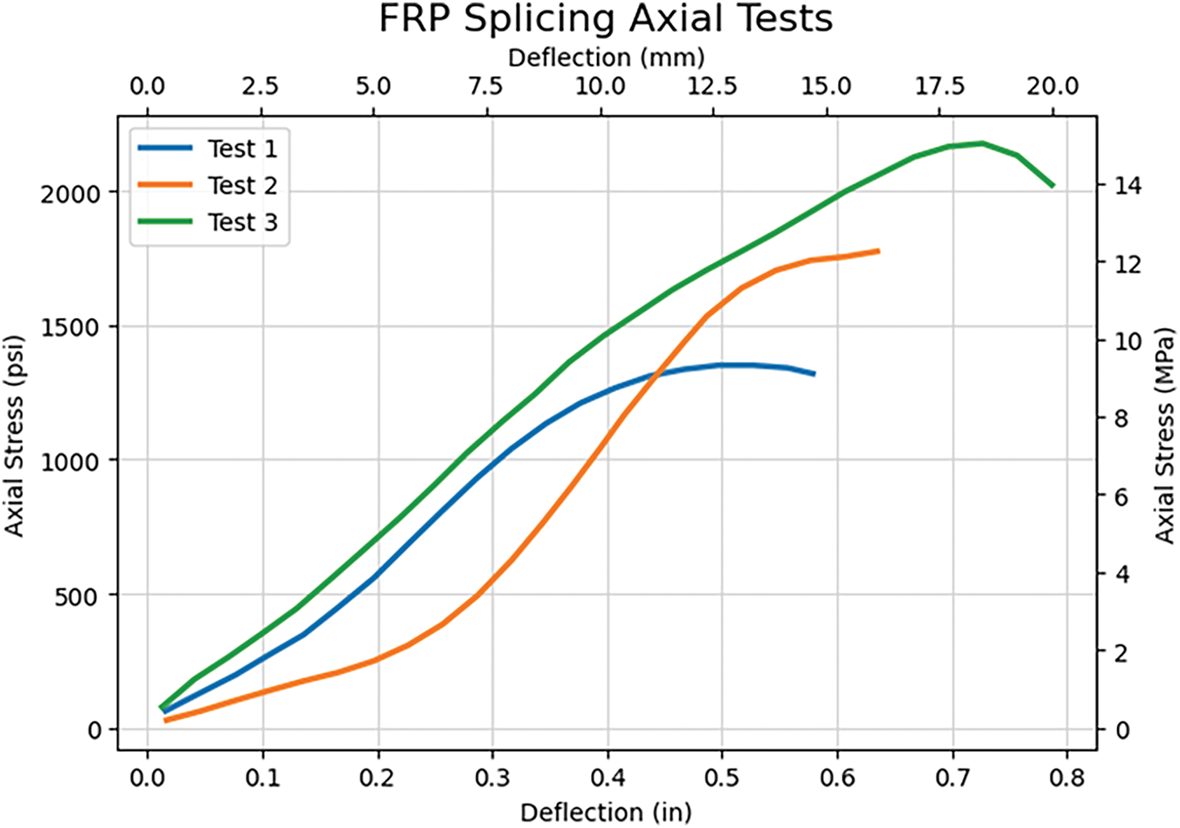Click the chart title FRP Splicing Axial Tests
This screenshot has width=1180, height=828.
(605, 19)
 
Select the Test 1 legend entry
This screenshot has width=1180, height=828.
(242, 149)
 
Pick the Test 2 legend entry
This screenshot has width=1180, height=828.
(242, 185)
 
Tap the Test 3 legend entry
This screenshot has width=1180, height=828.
(242, 222)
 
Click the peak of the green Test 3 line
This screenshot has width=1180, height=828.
(982, 143)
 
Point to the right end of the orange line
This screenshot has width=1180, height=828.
(878, 251)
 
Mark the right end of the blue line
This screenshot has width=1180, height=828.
(814, 373)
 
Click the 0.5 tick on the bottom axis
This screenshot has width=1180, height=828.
(722, 777)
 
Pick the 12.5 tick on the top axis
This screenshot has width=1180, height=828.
(713, 87)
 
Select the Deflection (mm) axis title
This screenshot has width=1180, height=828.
(605, 58)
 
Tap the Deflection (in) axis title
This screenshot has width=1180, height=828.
(605, 812)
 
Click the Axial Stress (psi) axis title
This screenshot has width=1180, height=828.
(15, 435)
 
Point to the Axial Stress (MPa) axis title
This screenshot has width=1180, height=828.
(1165, 435)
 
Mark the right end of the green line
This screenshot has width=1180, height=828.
(1053, 185)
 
